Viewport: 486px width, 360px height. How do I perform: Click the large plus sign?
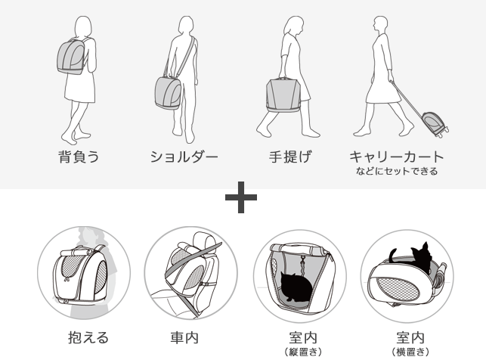point(241,197)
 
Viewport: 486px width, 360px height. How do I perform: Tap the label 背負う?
point(79,157)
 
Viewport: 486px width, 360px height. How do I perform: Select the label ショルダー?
point(184,157)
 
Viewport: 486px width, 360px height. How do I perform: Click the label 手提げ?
point(289,157)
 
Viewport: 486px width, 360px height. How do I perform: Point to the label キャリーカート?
point(396,157)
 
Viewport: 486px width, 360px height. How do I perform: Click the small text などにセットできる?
point(397,171)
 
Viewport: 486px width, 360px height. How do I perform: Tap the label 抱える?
point(88,337)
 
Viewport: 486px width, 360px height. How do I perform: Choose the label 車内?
point(184,337)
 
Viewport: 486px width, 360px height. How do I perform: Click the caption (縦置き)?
point(303,352)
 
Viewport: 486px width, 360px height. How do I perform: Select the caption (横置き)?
point(410,352)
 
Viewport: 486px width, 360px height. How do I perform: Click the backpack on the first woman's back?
point(71,57)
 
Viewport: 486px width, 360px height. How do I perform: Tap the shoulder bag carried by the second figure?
point(168,93)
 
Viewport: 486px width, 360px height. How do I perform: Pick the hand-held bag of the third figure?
point(283,95)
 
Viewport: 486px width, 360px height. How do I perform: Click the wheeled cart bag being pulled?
point(433,123)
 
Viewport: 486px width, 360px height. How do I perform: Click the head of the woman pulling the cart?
point(380,25)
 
